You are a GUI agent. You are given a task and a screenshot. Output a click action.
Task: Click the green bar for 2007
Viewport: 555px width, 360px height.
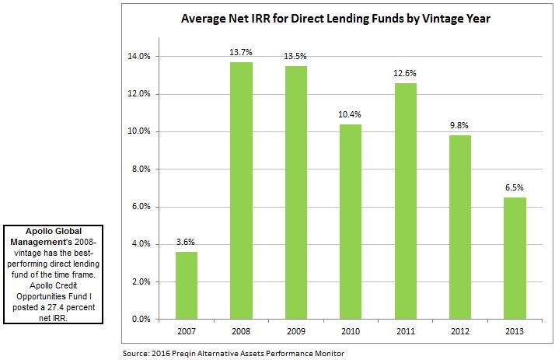point(186,285)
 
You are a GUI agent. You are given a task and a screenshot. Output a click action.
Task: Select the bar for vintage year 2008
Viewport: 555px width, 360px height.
point(241,190)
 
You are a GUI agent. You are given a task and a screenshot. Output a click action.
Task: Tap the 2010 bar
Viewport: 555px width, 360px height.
point(350,222)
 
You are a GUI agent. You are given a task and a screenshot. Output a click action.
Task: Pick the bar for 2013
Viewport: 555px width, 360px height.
point(514,258)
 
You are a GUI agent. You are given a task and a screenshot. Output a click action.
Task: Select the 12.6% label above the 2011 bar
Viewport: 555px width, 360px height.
point(404,75)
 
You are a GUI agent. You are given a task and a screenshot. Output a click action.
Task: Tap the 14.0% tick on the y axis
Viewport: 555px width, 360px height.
point(140,57)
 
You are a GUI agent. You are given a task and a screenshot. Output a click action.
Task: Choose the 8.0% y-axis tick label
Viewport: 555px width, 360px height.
point(142,169)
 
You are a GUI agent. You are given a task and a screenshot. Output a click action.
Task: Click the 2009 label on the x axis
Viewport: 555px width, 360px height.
point(295,333)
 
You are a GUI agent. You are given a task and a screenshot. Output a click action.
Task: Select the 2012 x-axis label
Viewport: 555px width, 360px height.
point(459,333)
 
